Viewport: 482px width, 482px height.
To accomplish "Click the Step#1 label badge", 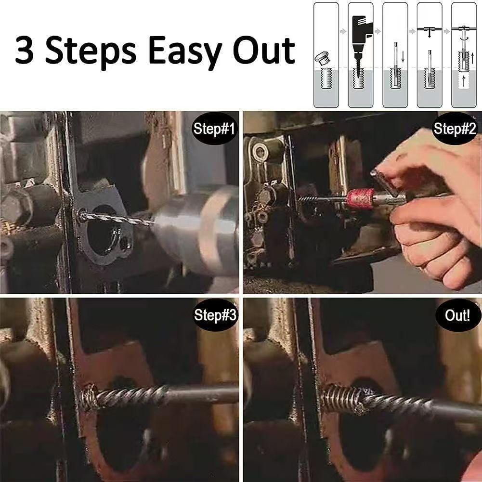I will point(214,129).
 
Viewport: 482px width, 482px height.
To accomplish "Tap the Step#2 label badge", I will point(455,129).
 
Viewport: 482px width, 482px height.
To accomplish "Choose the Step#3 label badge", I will point(215,315).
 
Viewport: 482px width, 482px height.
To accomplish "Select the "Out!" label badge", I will point(457,316).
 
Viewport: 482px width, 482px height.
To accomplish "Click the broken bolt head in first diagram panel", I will point(322,59).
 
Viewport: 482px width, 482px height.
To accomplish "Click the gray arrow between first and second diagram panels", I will point(343,31).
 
